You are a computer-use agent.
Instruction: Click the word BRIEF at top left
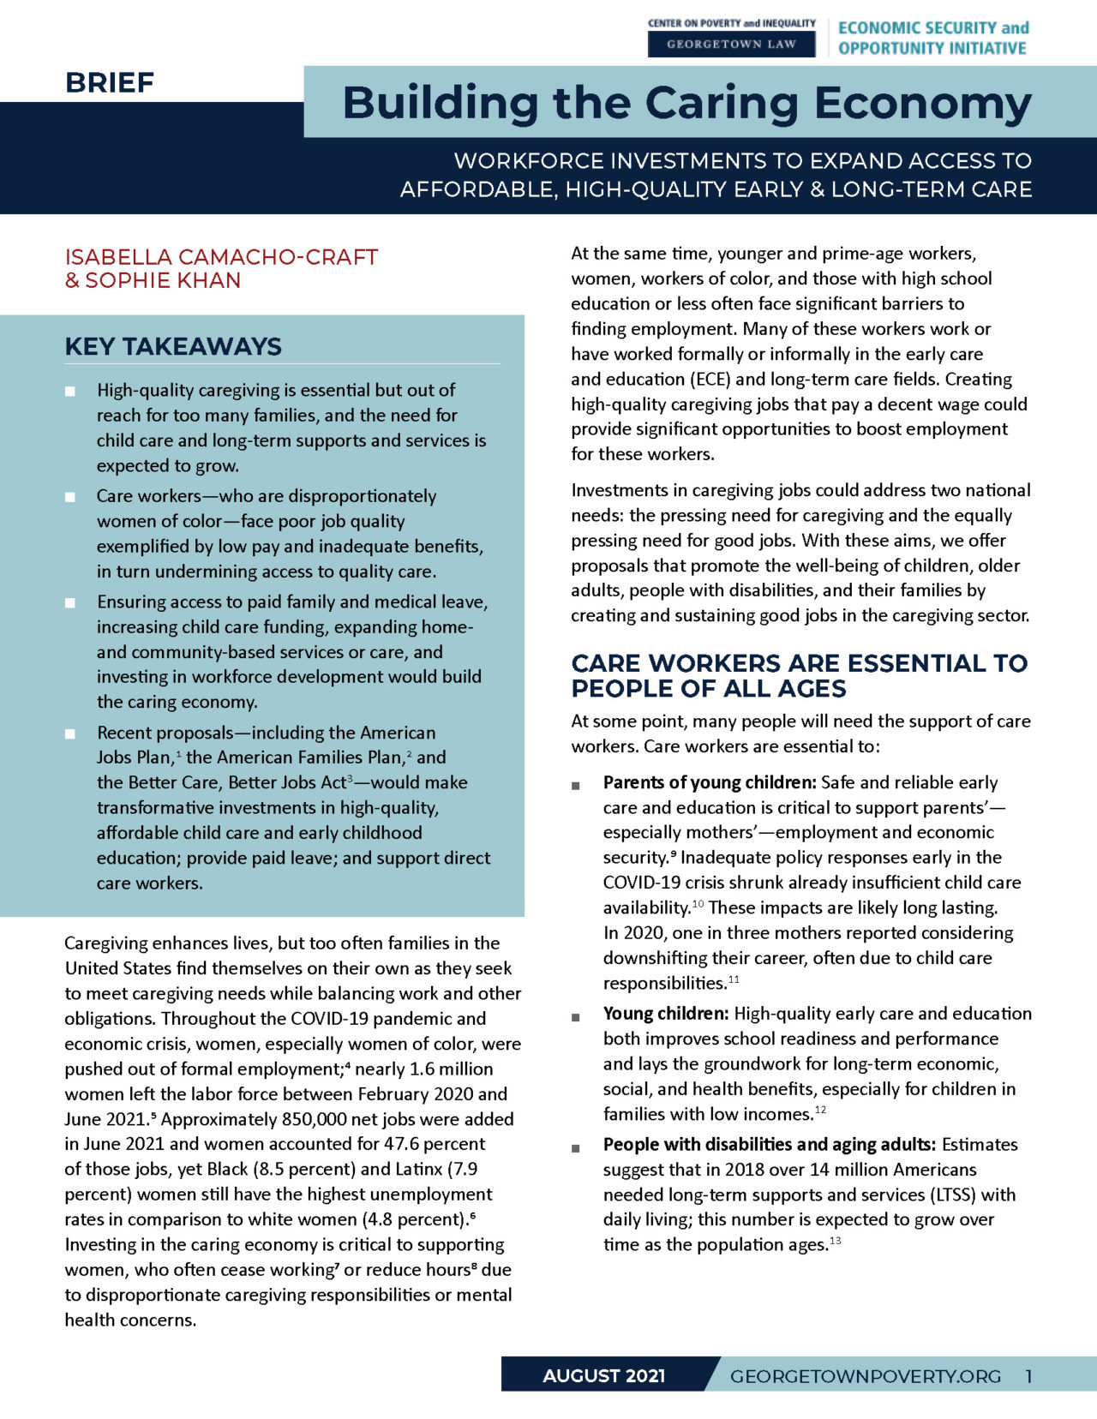pyautogui.click(x=110, y=83)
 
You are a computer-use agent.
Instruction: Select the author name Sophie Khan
pyautogui.click(x=163, y=280)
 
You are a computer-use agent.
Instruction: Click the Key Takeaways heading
pyautogui.click(x=173, y=346)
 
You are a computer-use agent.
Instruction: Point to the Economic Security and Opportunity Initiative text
pyautogui.click(x=932, y=38)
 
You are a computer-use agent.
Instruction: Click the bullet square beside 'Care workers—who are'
pyautogui.click(x=70, y=497)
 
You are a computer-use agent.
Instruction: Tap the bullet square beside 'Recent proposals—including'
pyautogui.click(x=70, y=733)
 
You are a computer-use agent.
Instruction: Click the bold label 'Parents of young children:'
pyautogui.click(x=709, y=782)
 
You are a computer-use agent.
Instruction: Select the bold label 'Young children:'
pyautogui.click(x=666, y=1014)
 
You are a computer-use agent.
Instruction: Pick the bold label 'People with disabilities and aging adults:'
pyautogui.click(x=769, y=1145)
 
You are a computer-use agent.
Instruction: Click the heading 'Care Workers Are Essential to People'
pyautogui.click(x=798, y=675)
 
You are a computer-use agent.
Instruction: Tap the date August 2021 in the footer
pyautogui.click(x=603, y=1376)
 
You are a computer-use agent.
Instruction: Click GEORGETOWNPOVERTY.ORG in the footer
pyautogui.click(x=865, y=1376)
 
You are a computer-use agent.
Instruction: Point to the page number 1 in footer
pyautogui.click(x=1028, y=1376)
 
